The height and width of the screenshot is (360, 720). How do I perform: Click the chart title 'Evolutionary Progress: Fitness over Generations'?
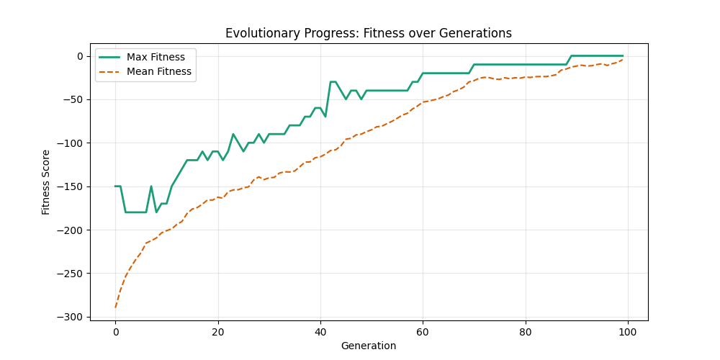369,33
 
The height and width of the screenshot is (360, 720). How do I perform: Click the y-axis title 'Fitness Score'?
46,182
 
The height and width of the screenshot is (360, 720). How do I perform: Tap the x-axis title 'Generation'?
369,346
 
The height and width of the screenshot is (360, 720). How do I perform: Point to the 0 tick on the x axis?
115,331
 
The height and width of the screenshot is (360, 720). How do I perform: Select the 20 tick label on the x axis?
217,331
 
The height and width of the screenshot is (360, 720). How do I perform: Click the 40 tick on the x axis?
320,331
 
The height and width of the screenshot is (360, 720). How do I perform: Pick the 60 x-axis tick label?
423,331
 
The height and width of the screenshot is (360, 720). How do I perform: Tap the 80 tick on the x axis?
526,331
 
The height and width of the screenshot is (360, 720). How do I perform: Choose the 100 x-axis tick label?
628,331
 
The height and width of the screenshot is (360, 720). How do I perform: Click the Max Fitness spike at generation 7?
151,186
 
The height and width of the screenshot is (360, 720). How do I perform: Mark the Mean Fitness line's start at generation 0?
115,307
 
